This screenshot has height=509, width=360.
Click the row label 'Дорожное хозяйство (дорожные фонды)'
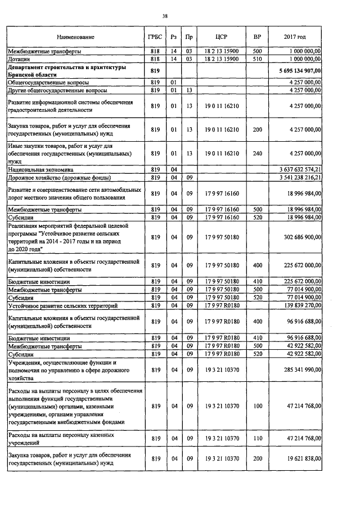point(59,177)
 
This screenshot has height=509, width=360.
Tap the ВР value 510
point(257,58)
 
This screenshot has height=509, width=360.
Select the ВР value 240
point(257,152)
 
